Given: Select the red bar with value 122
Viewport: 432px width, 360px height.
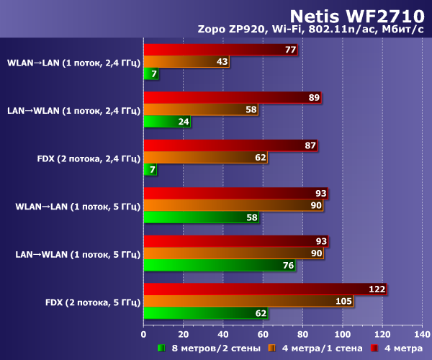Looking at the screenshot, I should (x=265, y=289).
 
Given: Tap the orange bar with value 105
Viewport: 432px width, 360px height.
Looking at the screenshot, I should (x=247, y=301).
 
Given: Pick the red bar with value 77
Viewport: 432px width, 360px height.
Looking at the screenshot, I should (x=220, y=50).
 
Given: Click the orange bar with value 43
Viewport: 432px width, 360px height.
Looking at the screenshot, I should (x=186, y=62).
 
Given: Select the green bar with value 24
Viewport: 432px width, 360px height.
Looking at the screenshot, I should (x=168, y=121).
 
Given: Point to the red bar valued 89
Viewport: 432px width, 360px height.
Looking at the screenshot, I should (x=232, y=98).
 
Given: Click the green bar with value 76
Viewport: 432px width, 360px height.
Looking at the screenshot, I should (x=219, y=265).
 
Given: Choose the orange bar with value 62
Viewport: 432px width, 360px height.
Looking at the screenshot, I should (x=205, y=157).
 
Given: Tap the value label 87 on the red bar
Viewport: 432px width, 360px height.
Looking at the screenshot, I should (x=310, y=145).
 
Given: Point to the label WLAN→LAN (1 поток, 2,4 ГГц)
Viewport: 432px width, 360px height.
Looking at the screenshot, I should (x=73, y=62).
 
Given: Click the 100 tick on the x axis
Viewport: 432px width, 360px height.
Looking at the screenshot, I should (x=343, y=334).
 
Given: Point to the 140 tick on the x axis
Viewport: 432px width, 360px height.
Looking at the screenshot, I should (x=422, y=334).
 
